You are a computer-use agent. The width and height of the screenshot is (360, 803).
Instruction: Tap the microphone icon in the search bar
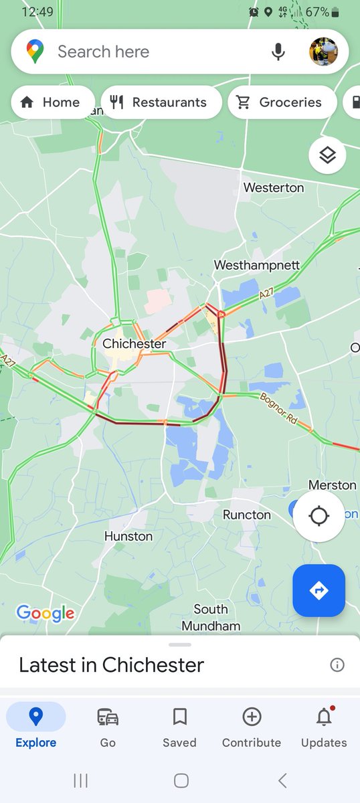click(x=278, y=52)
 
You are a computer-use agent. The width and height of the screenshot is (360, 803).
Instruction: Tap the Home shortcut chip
click(x=52, y=102)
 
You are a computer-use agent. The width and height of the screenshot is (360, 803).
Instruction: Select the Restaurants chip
click(x=161, y=102)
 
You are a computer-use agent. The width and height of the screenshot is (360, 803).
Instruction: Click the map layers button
click(x=327, y=155)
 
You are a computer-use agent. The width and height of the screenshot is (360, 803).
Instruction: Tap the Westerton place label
click(x=274, y=188)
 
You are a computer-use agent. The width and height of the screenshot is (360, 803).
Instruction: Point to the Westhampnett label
click(x=257, y=266)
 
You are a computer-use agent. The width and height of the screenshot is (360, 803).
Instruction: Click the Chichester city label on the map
click(x=134, y=344)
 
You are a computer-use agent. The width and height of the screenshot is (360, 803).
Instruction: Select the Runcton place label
click(x=247, y=515)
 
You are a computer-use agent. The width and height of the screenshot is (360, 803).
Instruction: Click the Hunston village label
click(x=128, y=536)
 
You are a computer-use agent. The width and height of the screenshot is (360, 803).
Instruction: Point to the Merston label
click(x=333, y=484)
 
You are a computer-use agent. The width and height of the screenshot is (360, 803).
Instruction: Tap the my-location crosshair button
click(x=319, y=517)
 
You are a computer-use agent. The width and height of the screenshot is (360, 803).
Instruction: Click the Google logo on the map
click(x=46, y=613)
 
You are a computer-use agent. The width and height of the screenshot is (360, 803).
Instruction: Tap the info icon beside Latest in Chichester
click(x=337, y=664)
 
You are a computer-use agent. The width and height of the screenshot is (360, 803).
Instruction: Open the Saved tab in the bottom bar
click(x=179, y=726)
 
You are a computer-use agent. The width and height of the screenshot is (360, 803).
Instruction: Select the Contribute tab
click(x=252, y=726)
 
